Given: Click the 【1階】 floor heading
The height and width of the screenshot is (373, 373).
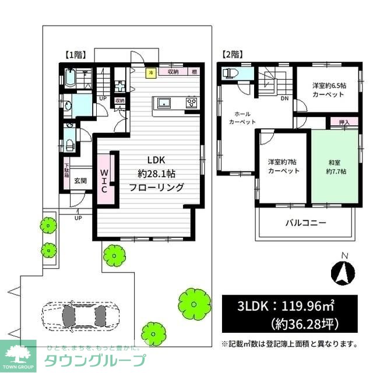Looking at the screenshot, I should (75, 55).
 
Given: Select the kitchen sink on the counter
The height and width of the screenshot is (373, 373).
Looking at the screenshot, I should (163, 104).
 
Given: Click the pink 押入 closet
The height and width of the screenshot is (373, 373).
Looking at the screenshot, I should (344, 122).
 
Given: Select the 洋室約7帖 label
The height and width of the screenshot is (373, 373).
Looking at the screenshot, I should (283, 166).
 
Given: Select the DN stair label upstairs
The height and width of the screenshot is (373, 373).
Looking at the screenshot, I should (284, 98).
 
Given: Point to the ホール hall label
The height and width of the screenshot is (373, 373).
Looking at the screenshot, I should (242, 115).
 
